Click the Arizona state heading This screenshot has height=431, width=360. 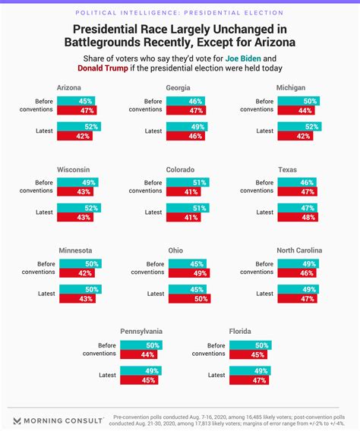(x=69, y=88)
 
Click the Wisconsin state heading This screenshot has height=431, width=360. (x=74, y=170)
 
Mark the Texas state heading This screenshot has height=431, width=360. (x=287, y=170)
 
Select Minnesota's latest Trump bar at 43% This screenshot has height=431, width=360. (x=77, y=299)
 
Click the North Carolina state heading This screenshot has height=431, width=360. (x=298, y=250)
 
